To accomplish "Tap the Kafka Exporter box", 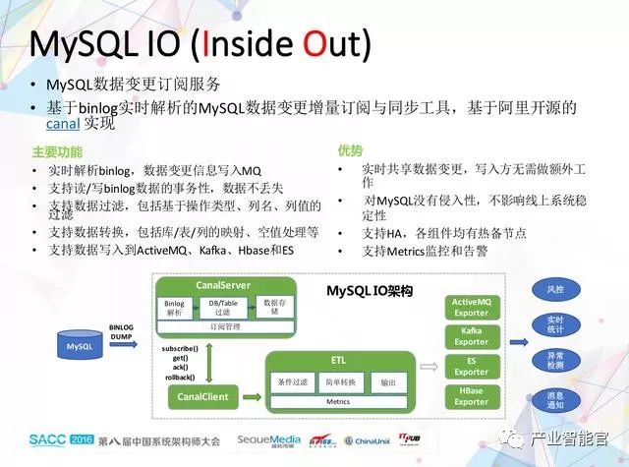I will (x=471, y=337).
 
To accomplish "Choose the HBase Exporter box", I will (x=471, y=395).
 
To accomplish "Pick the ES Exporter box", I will (x=471, y=366).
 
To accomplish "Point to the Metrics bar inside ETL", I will (x=338, y=401).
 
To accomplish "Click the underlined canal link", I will (x=62, y=126).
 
